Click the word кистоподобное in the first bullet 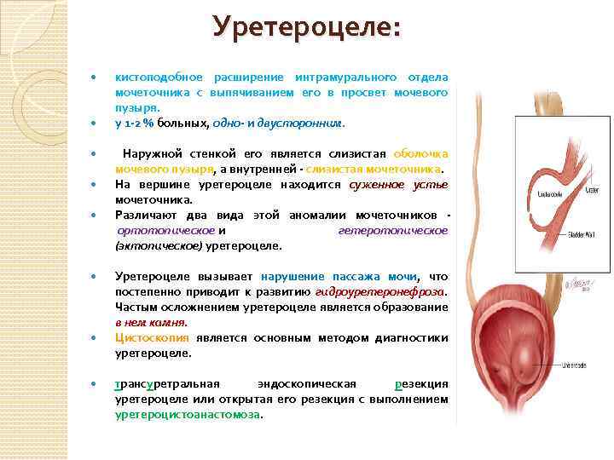156,77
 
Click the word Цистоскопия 150,338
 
